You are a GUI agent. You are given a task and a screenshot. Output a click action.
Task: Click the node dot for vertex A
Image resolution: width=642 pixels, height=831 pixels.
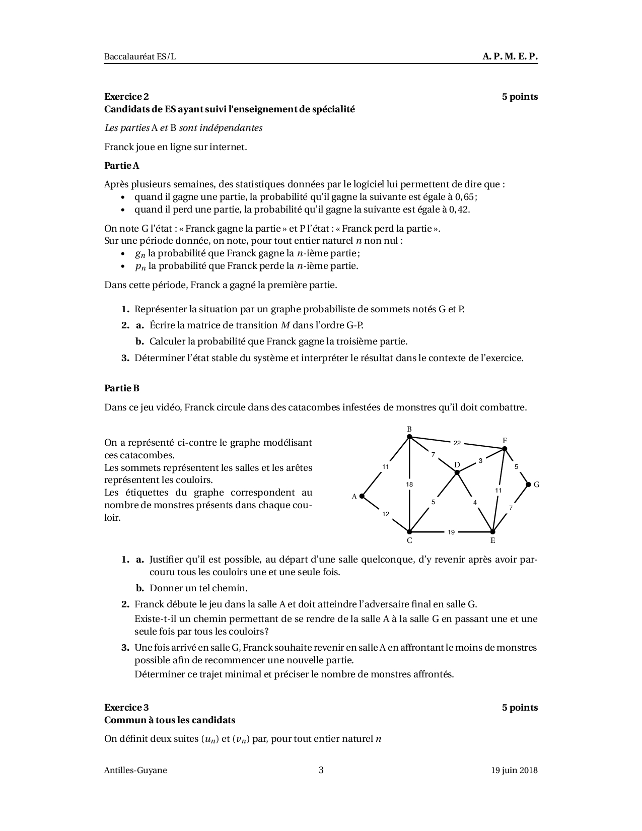click(362, 496)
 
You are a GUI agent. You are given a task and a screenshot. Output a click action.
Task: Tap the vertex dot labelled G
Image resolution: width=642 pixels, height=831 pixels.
click(528, 484)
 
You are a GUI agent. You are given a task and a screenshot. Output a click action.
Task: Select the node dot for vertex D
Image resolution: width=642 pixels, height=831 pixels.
click(457, 472)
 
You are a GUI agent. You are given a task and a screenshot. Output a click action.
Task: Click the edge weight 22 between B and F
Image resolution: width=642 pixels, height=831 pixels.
click(457, 443)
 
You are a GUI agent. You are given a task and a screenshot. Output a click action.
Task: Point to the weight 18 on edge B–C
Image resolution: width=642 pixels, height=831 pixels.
click(409, 484)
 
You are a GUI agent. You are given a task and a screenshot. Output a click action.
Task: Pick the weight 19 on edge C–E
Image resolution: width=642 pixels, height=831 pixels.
click(451, 532)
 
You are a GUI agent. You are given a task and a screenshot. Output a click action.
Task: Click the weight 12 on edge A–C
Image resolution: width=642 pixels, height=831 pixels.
click(386, 514)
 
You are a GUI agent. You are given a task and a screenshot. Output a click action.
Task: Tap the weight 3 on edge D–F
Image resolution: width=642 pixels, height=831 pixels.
click(480, 460)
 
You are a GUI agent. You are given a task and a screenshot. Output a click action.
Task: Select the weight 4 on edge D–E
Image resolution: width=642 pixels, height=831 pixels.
click(475, 502)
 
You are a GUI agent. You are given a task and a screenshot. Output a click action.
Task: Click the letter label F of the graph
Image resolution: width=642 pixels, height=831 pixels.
click(505, 441)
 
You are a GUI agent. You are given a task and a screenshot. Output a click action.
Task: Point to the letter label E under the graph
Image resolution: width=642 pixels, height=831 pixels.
click(492, 541)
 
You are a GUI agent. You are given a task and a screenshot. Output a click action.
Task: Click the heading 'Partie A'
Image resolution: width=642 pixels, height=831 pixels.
click(121, 165)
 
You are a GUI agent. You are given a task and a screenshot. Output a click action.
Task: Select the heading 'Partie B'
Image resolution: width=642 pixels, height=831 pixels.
click(121, 388)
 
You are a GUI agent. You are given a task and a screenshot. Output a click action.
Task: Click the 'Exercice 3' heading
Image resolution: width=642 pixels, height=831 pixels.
click(126, 708)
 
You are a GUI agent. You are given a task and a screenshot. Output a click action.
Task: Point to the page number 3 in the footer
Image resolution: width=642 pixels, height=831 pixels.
click(321, 770)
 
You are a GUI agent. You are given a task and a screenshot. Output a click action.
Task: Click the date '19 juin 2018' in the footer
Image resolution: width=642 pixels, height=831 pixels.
click(515, 770)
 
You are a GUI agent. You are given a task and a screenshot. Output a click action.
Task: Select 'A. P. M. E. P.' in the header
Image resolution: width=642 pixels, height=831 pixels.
click(510, 56)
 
